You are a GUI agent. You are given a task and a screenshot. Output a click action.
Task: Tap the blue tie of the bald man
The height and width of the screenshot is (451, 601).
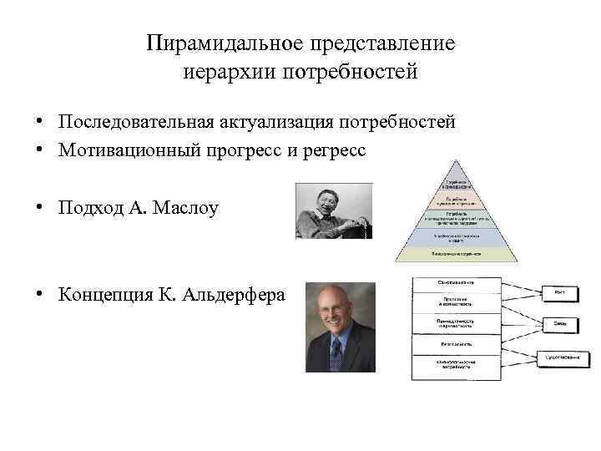pos(336,354)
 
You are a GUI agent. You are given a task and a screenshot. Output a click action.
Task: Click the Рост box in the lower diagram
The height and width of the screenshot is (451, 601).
pos(558,291)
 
